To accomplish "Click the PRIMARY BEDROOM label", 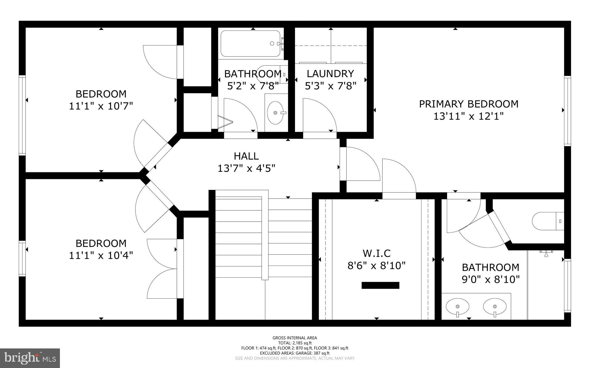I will (x=468, y=104).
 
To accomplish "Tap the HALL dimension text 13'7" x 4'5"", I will (x=246, y=168).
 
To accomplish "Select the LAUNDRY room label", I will (x=330, y=74).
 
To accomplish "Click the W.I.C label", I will (x=376, y=253).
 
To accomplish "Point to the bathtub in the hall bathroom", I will (x=250, y=44).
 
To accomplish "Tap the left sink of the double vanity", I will (x=457, y=307).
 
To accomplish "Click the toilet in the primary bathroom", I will (x=547, y=221).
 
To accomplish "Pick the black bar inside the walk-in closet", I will (x=380, y=285).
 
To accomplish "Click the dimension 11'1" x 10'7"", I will (x=101, y=106).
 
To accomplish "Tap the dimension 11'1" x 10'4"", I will (x=101, y=255).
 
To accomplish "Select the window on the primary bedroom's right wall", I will (x=567, y=111).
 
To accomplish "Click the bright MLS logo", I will (x=30, y=358).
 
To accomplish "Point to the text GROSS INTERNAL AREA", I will (x=295, y=338).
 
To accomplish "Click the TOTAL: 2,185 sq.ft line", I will (x=295, y=343).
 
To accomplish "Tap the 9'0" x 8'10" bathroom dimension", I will (x=491, y=279).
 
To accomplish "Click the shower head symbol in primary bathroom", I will (x=546, y=253).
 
